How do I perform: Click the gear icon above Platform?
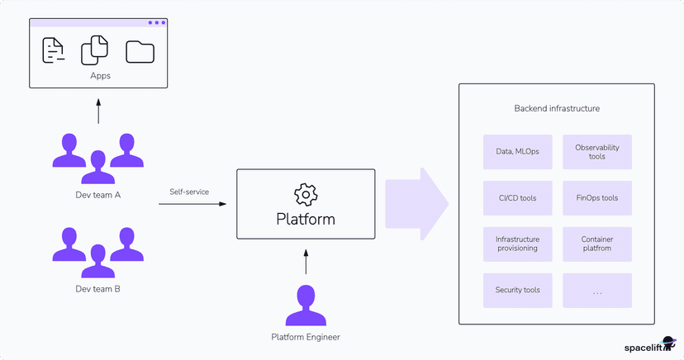306,195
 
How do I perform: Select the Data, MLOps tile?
517,152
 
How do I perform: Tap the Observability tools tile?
597,152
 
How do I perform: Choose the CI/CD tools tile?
517,198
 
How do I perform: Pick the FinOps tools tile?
597,198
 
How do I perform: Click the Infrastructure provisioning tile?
517,244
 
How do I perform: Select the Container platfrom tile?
597,244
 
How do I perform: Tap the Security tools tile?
517,290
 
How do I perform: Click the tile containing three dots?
597,290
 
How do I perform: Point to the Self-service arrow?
193,205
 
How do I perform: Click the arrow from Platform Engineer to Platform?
306,262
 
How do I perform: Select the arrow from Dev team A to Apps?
98,111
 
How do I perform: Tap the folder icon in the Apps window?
140,51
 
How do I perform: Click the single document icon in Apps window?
53,51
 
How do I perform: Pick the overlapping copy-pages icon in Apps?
95,50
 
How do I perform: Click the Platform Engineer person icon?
306,306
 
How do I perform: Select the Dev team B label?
98,289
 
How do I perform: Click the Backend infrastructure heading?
557,108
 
